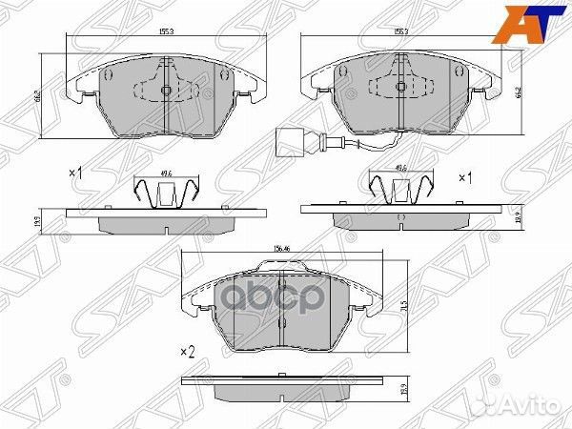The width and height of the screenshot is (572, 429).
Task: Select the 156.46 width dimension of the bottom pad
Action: tap(281, 250)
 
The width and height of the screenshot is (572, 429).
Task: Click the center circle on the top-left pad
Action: tap(165, 92)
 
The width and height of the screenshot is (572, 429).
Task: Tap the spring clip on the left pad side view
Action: tap(165, 194)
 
